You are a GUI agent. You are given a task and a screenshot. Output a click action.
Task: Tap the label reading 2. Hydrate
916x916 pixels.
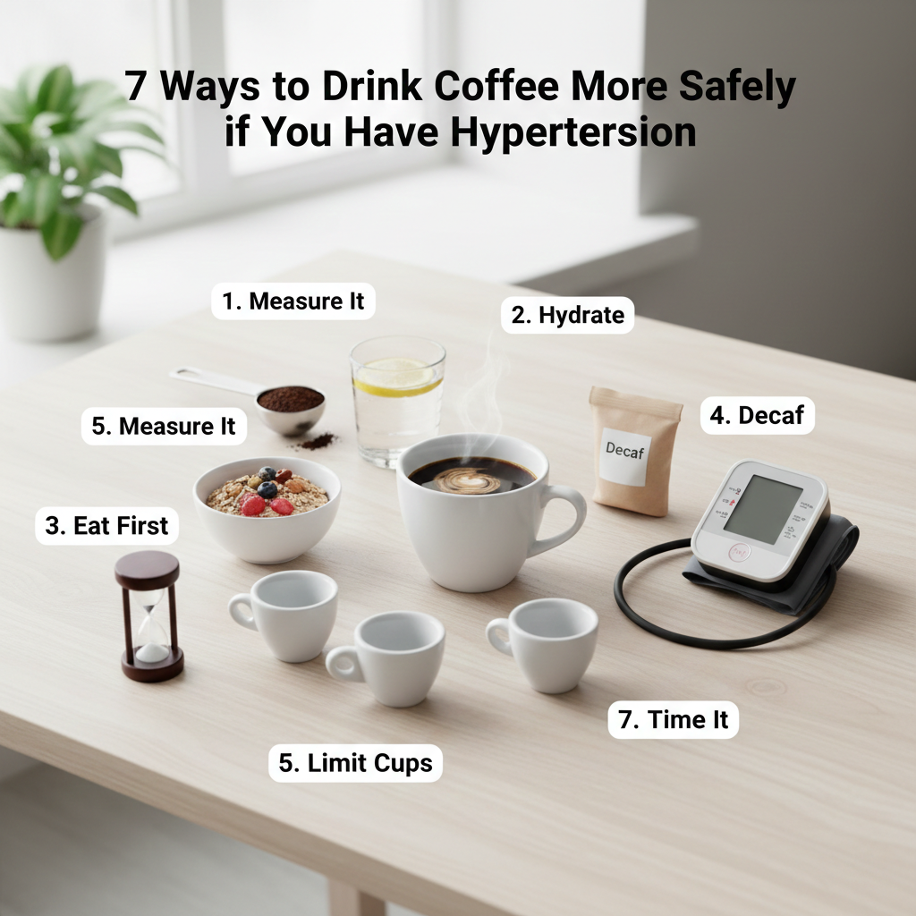[x=568, y=315]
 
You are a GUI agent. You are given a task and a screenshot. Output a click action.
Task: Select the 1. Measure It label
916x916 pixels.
[x=293, y=301]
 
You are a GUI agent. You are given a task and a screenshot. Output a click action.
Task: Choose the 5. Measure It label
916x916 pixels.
[x=164, y=426]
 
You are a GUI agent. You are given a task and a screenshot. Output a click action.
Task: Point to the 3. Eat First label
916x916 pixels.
[x=107, y=526]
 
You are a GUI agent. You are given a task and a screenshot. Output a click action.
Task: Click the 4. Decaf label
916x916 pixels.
[x=757, y=415]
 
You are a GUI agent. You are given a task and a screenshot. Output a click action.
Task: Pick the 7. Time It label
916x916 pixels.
[x=673, y=720]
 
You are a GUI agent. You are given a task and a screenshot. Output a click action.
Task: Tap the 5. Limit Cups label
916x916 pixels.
[x=355, y=763]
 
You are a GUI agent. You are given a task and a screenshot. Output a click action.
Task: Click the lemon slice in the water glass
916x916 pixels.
[x=397, y=377]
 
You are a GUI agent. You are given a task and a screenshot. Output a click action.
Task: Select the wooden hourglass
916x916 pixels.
[x=150, y=616]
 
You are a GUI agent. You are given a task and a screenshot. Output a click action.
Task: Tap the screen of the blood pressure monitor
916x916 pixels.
[x=762, y=509]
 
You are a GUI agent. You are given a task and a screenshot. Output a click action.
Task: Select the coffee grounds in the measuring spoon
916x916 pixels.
[x=291, y=399]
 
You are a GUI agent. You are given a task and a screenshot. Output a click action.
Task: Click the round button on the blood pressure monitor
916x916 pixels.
[x=740, y=552]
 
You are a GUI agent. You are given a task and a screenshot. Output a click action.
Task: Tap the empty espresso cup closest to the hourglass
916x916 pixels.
[x=284, y=615]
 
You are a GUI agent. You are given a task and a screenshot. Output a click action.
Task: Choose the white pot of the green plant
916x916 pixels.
[x=53, y=276]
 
